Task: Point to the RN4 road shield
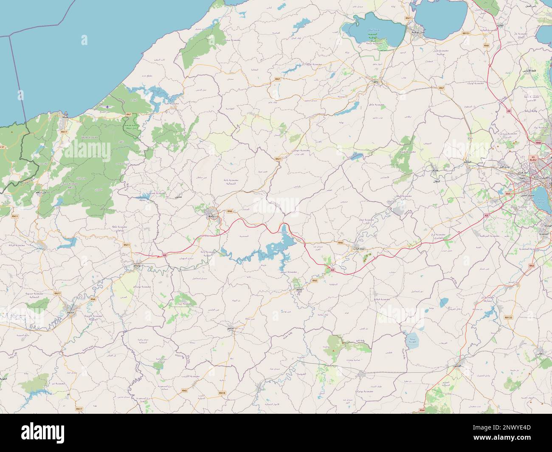[421, 410]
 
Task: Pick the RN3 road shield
[532, 266]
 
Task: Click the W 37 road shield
[3, 147]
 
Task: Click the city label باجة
[211, 216]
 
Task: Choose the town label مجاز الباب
[353, 248]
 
